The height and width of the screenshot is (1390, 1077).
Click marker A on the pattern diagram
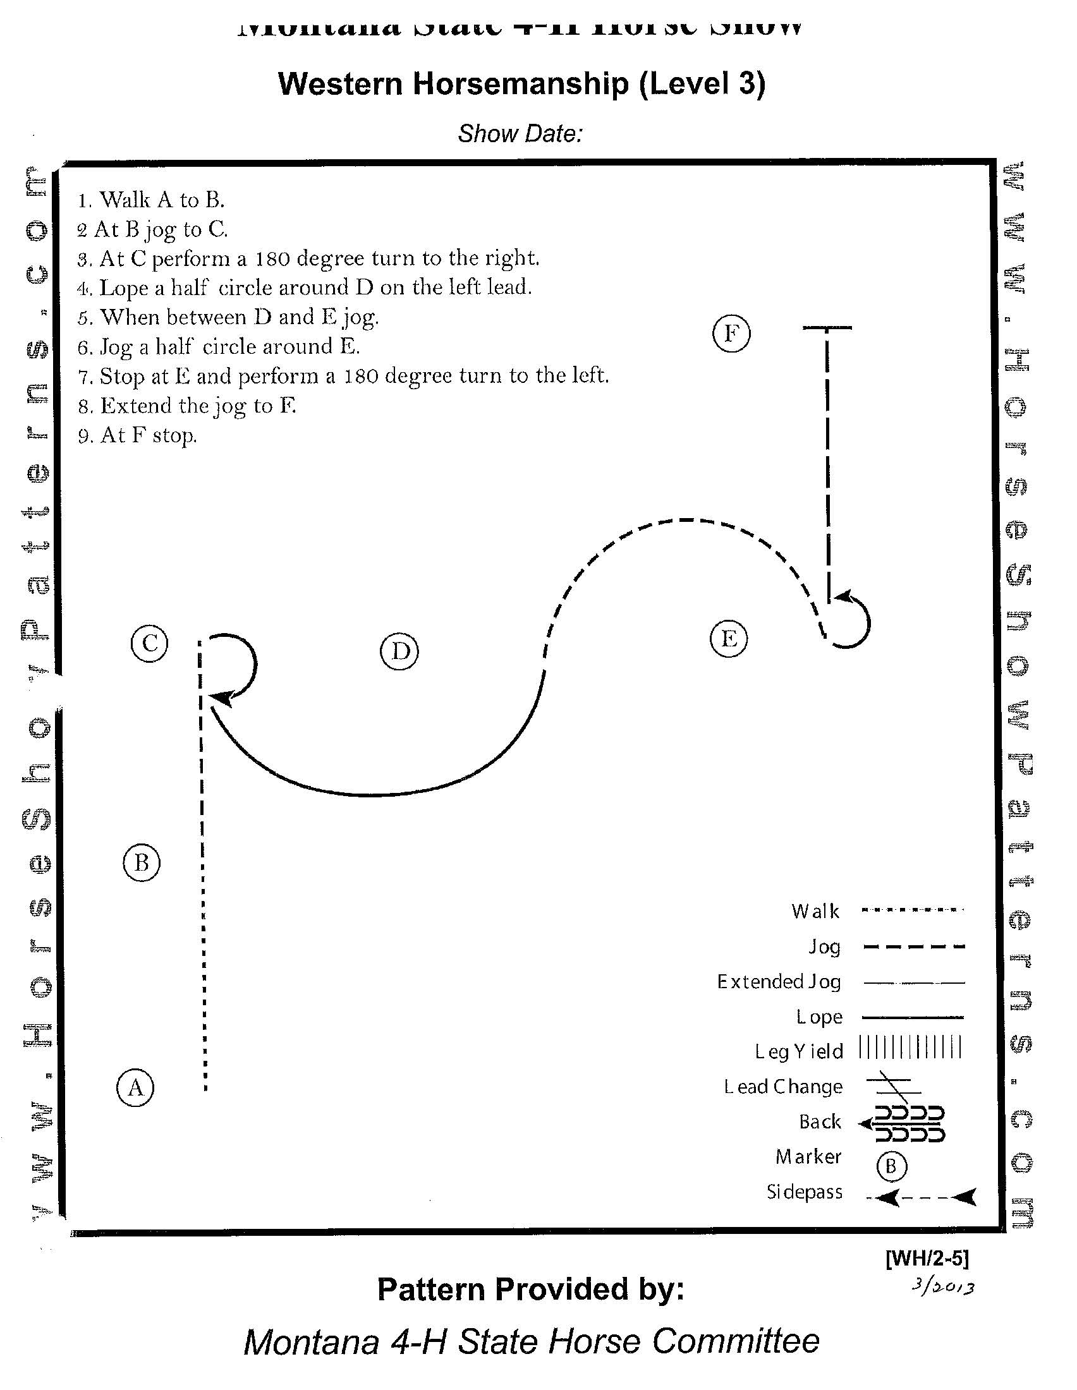coord(135,1088)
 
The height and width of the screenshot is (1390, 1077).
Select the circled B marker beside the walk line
coord(142,863)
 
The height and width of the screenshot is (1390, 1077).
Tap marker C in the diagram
coord(150,643)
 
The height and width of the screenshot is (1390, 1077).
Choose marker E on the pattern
coord(729,638)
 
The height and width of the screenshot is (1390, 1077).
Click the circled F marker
coord(731,333)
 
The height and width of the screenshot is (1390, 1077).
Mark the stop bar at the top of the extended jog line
coord(827,328)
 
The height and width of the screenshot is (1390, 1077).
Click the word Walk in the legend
coord(815,911)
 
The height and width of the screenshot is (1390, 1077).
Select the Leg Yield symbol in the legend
coord(910,1047)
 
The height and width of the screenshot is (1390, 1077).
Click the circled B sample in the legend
coord(891,1166)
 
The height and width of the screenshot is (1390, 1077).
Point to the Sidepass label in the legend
coord(805,1192)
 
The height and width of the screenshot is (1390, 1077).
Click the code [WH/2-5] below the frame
coord(927,1258)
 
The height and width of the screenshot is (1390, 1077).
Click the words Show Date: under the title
coord(520,134)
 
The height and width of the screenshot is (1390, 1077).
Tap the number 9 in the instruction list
coord(83,437)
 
